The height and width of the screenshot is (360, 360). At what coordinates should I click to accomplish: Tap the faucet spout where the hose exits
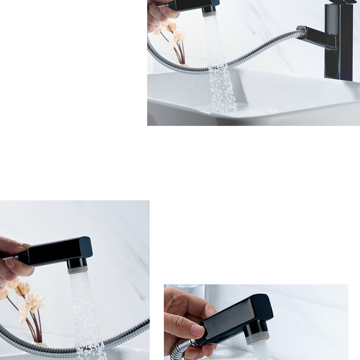click(315, 38)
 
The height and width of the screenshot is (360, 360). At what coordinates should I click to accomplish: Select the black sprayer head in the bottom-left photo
click(58, 250)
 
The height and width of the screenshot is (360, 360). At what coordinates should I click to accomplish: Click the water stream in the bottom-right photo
click(260, 351)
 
